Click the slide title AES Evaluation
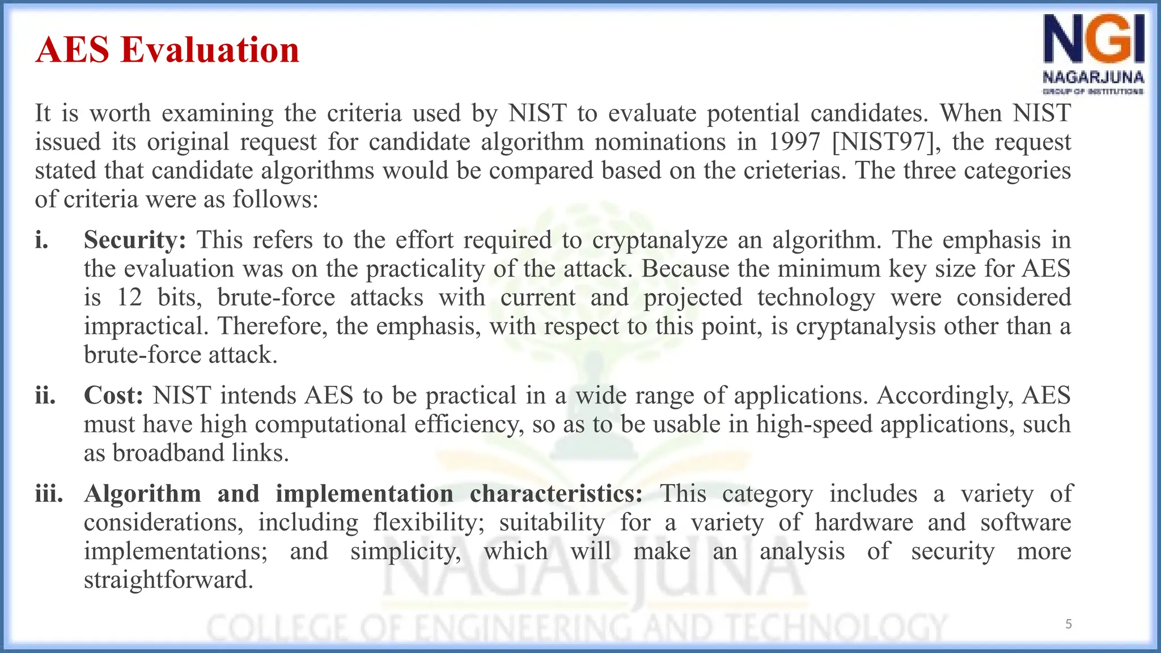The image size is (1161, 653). click(x=167, y=50)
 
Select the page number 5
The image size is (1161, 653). click(x=1069, y=624)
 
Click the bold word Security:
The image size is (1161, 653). click(x=135, y=240)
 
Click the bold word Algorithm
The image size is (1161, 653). click(x=142, y=494)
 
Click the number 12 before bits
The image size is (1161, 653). click(x=129, y=298)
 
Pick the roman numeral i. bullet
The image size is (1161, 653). click(x=41, y=240)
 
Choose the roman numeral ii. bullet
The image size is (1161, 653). click(x=45, y=396)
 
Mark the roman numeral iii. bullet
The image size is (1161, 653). click(x=49, y=494)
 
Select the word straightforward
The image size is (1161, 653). click(x=168, y=580)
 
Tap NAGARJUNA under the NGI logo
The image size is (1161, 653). click(x=1093, y=77)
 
